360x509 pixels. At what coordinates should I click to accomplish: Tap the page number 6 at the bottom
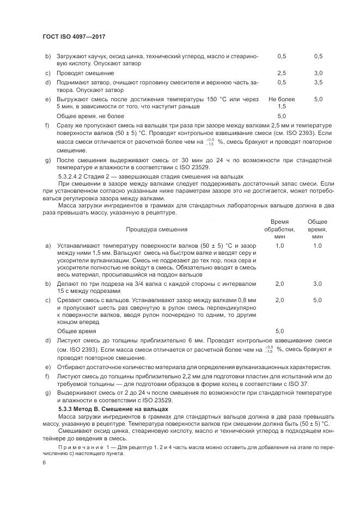(44, 462)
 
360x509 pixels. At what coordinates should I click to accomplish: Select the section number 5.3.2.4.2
(71, 176)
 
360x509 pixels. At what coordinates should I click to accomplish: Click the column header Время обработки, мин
(279, 229)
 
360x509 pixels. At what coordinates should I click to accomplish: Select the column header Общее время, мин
(318, 229)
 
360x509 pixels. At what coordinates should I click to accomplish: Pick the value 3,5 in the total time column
(318, 82)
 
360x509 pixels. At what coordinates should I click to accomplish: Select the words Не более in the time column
(282, 99)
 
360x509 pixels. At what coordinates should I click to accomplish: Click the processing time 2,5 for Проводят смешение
(282, 73)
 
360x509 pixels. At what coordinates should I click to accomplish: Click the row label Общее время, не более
(90, 116)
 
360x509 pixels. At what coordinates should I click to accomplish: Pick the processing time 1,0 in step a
(280, 246)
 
